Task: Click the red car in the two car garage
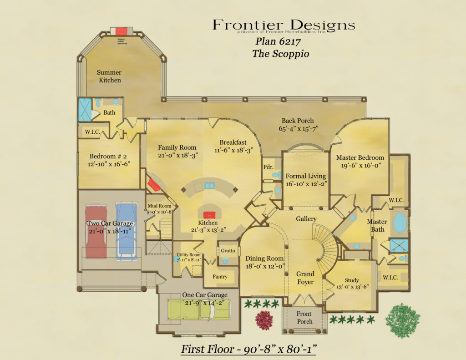(x=96, y=232)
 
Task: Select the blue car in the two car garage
(x=126, y=231)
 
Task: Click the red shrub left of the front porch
(x=264, y=320)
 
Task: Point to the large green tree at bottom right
(x=403, y=320)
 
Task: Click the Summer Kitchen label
(x=109, y=76)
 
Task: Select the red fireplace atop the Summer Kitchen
(x=122, y=31)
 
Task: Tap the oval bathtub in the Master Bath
(x=400, y=223)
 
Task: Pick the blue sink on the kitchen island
(x=210, y=185)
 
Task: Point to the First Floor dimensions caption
(x=249, y=349)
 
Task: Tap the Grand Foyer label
(x=305, y=278)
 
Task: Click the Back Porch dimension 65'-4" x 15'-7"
(x=298, y=129)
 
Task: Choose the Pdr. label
(x=268, y=167)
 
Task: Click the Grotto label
(x=228, y=251)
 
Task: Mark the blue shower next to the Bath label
(x=85, y=110)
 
